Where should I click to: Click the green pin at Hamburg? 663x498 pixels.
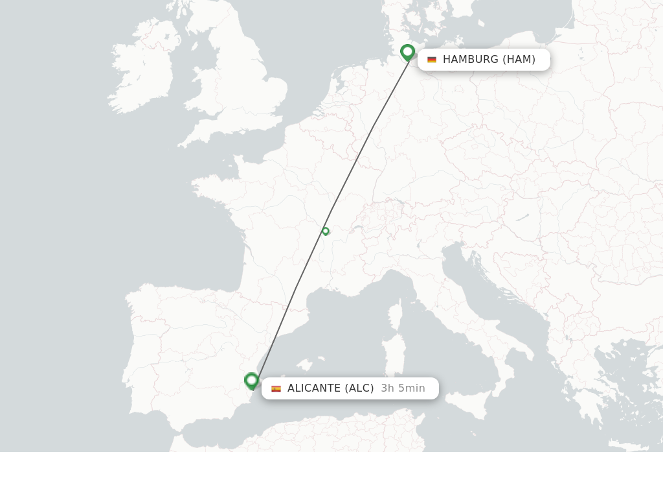[x=407, y=52]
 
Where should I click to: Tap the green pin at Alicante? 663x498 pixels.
[x=252, y=381]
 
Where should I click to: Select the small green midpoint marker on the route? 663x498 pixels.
[x=326, y=231]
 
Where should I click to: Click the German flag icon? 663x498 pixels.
[x=432, y=60]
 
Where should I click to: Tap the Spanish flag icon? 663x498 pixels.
[x=276, y=388]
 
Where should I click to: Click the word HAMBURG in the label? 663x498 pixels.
[x=471, y=60]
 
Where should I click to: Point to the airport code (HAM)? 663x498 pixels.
[x=519, y=60]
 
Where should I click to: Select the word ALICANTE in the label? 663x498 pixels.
[x=314, y=388]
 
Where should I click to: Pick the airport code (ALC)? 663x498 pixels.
[x=359, y=388]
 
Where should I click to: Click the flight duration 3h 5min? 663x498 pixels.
[x=403, y=388]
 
